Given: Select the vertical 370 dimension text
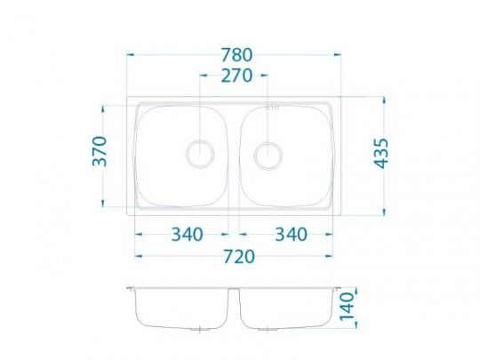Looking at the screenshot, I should pyautogui.click(x=100, y=152).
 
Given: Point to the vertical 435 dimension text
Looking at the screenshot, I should pyautogui.click(x=382, y=155).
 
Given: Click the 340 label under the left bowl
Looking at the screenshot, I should pyautogui.click(x=187, y=235).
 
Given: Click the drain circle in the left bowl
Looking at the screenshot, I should pyautogui.click(x=198, y=154).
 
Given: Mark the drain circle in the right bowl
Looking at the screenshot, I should pyautogui.click(x=267, y=156).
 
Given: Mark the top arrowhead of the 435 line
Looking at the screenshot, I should pyautogui.click(x=383, y=98).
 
